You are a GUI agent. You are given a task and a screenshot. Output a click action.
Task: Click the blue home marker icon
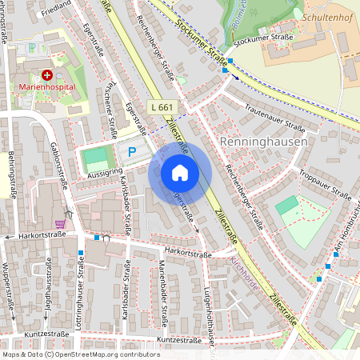tap(180, 173)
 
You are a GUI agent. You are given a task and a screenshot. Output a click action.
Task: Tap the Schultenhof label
tap(327, 15)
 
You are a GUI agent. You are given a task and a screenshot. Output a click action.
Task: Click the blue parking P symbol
tap(133, 151)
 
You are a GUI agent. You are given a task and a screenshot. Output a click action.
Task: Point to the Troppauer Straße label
tap(325, 185)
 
